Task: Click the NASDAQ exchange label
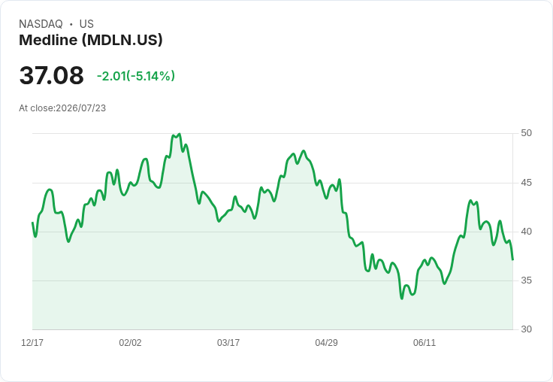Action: coord(41,24)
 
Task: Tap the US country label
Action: coord(86,24)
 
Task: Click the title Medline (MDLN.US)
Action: coord(91,40)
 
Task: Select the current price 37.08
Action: coord(52,75)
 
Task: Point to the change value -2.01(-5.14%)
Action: coord(136,76)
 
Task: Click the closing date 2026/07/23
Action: coord(80,108)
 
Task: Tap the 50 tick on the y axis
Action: coord(526,133)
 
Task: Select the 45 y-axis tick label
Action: coord(526,183)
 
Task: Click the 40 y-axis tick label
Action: coord(526,232)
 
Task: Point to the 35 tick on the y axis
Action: coord(526,280)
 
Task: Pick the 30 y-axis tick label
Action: coord(526,329)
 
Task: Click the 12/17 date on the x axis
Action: coord(32,342)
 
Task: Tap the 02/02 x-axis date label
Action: coord(130,342)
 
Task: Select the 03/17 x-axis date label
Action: coord(228,342)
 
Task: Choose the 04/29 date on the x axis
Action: coord(326,342)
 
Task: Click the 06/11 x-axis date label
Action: coord(425,342)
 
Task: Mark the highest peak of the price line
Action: coord(180,134)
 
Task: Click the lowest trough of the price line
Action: coord(402,299)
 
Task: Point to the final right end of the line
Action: coord(512,260)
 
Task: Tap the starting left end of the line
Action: coord(32,223)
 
